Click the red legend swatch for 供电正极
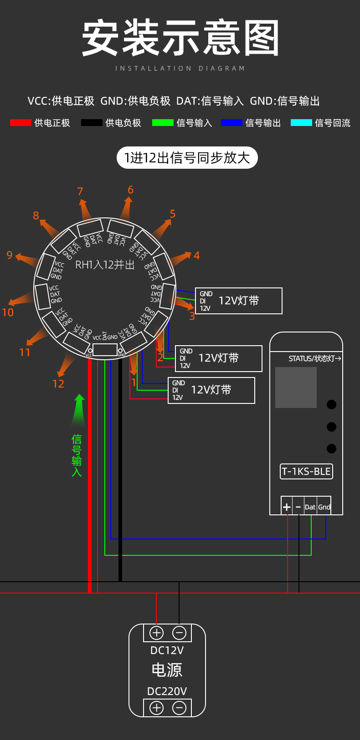pos(21,122)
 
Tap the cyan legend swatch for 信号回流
pos(301,122)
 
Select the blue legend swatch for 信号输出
pos(231,122)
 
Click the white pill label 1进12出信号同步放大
pos(187,158)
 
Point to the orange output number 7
pos(80,191)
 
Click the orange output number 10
pos(8,312)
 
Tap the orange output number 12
pos(58,384)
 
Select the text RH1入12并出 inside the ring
pos(105,265)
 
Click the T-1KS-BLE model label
pos(306,471)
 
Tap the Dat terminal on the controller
pos(310,507)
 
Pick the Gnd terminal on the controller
pos(324,507)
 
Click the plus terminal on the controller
pos(287,507)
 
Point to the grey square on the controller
pos(296,388)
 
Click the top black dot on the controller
pos(331,404)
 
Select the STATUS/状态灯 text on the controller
pos(315,358)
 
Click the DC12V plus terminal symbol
pos(156,633)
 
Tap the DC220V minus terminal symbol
pos(179,708)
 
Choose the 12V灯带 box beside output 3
pos(239,301)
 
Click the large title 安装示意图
pos(180,38)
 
